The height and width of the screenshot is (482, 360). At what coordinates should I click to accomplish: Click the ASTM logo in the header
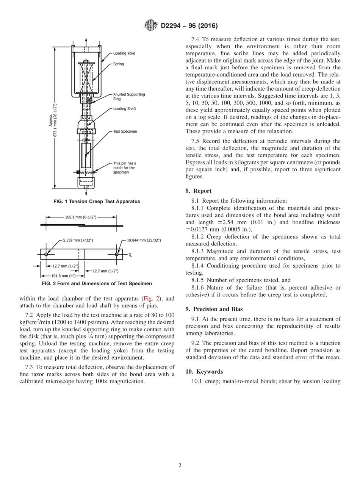pyautogui.click(x=151, y=26)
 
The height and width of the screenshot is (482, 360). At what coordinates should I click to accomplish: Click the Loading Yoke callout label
pyautogui.click(x=124, y=53)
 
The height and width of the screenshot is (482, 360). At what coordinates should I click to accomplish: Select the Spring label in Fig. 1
pyautogui.click(x=119, y=64)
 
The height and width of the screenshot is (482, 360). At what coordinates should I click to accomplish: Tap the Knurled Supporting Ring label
pyautogui.click(x=129, y=96)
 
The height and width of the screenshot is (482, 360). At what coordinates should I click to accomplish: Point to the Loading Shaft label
pyautogui.click(x=125, y=109)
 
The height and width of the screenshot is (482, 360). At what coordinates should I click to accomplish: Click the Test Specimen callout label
pyautogui.click(x=125, y=131)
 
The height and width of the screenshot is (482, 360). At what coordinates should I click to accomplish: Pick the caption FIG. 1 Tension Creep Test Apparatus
pyautogui.click(x=97, y=202)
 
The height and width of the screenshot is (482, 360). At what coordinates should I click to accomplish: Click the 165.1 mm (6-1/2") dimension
pyautogui.click(x=81, y=217)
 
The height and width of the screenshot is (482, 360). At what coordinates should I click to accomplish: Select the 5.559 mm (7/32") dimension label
pyautogui.click(x=78, y=240)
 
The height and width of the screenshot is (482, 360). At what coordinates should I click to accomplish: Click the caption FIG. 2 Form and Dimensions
pyautogui.click(x=97, y=283)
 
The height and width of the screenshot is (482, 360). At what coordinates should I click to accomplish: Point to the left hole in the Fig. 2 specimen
pyautogui.click(x=46, y=254)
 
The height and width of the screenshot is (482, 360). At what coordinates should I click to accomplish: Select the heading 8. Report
pyautogui.click(x=199, y=191)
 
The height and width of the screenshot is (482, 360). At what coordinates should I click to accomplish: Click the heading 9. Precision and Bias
pyautogui.click(x=214, y=309)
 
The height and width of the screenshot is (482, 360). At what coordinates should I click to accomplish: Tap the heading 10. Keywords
pyautogui.click(x=204, y=371)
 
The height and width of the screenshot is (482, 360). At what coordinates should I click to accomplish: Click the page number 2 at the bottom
pyautogui.click(x=180, y=465)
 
